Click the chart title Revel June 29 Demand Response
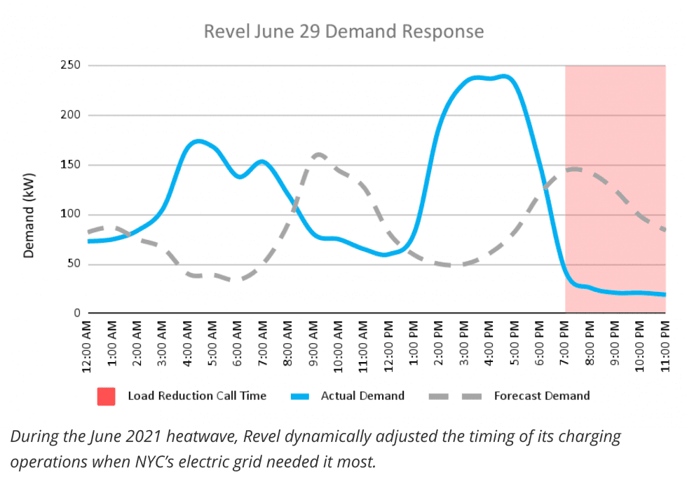pyautogui.click(x=343, y=32)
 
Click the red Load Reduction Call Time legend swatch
pyautogui.click(x=106, y=396)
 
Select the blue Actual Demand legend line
pyautogui.click(x=300, y=396)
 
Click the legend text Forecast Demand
pyautogui.click(x=542, y=396)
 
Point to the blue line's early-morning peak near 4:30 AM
pyautogui.click(x=198, y=141)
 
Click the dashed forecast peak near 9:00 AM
pyautogui.click(x=319, y=154)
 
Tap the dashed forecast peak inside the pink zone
pyautogui.click(x=575, y=168)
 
